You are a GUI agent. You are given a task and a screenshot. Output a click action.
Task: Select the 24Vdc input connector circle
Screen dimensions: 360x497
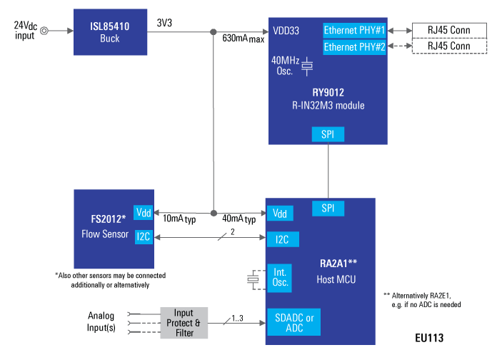(45, 31)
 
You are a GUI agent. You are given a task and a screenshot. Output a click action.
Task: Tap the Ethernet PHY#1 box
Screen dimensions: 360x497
(354, 31)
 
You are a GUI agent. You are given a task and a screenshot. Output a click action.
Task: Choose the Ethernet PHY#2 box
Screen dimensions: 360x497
(354, 46)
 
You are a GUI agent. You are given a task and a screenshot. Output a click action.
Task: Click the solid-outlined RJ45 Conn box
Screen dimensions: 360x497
(448, 31)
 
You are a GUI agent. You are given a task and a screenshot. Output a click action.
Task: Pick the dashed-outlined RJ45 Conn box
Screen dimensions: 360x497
(448, 46)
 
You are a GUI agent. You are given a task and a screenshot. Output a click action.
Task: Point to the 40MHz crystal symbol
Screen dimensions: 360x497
(307, 66)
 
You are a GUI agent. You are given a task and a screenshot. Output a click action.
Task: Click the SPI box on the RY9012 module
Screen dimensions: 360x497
(328, 134)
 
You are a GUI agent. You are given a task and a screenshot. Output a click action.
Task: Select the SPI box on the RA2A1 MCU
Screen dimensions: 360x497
(328, 208)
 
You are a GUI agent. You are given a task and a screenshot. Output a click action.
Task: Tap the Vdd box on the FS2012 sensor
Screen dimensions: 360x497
(144, 213)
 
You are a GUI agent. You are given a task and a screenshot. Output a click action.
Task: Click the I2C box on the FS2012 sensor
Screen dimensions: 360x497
(144, 237)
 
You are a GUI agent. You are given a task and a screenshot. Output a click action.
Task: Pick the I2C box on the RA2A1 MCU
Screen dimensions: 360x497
(282, 239)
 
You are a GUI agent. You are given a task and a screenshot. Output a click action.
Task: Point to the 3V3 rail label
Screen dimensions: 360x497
(165, 23)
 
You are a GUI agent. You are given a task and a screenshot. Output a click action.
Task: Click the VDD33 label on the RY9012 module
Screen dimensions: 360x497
(286, 31)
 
